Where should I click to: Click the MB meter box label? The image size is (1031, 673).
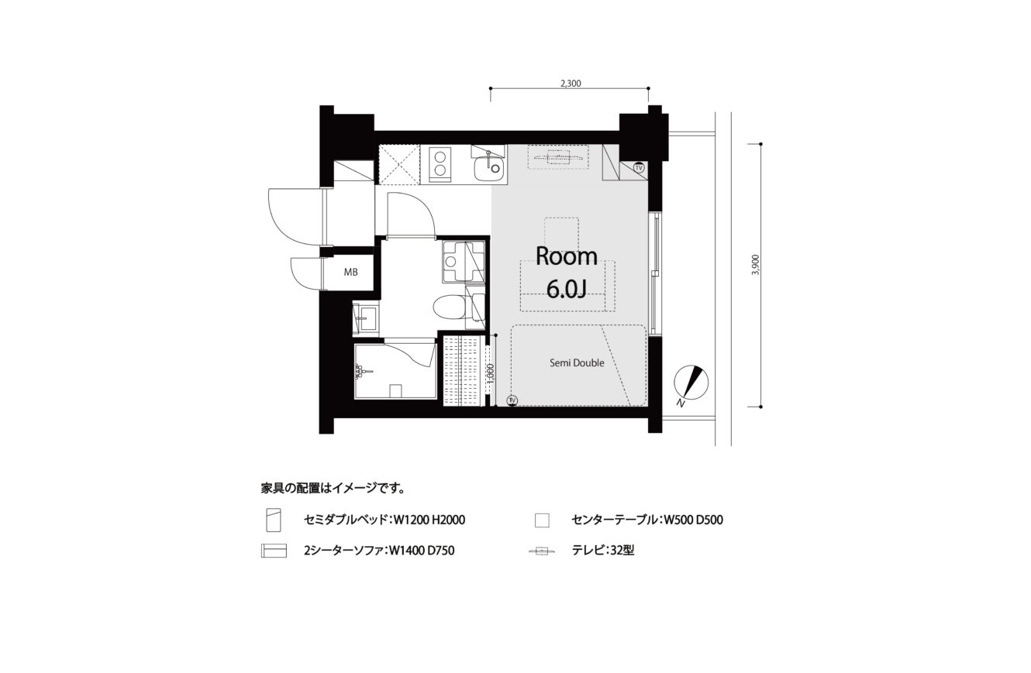point(350,272)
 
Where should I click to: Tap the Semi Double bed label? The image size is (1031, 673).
point(577,362)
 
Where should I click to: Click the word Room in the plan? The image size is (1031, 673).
point(567,256)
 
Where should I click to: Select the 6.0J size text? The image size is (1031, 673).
point(567,289)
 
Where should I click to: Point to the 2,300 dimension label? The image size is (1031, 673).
point(571,83)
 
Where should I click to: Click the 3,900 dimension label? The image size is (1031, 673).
point(755,264)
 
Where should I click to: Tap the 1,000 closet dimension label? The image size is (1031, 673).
point(491,374)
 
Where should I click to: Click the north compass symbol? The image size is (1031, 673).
point(691,383)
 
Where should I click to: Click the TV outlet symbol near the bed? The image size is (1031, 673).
point(512,400)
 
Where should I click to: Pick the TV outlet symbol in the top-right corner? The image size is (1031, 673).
point(639,168)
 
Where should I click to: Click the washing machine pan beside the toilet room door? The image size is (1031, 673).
point(464,261)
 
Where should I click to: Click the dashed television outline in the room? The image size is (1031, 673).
point(558,157)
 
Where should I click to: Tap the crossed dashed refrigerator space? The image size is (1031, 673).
point(398,164)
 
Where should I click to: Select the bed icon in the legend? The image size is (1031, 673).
point(273,520)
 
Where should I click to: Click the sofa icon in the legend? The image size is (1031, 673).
point(274,551)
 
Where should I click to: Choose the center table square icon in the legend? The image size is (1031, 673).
point(542,520)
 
